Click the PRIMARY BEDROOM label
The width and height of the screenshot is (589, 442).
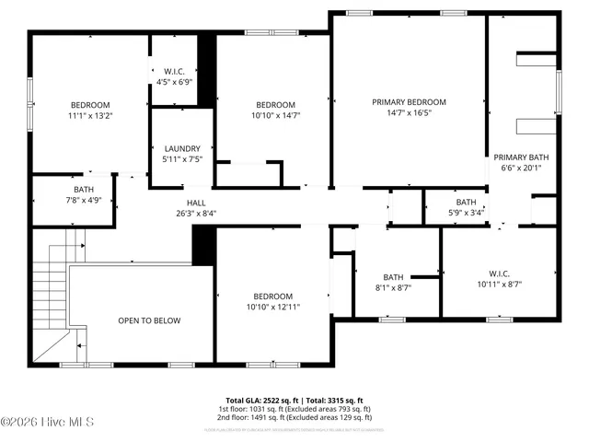click(x=409, y=101)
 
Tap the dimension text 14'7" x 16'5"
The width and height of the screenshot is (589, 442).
click(x=409, y=114)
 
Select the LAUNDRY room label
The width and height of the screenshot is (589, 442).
click(x=181, y=148)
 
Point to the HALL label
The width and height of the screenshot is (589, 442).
click(x=196, y=202)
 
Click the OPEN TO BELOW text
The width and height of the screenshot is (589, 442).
click(x=149, y=320)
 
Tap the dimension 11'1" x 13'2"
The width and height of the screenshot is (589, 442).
click(x=90, y=116)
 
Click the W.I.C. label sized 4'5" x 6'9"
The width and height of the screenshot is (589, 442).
click(x=175, y=70)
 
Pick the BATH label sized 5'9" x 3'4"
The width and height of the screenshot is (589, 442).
click(x=466, y=202)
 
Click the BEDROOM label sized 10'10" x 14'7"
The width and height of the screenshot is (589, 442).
click(x=275, y=104)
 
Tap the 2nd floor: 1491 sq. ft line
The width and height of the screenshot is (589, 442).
click(x=294, y=416)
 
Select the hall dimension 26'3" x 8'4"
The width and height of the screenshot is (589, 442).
click(x=196, y=213)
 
